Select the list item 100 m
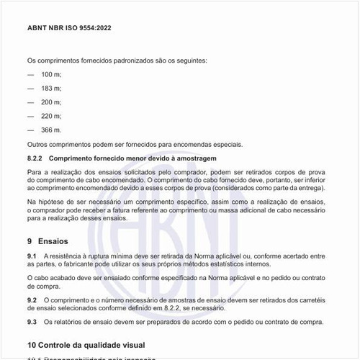(52, 75)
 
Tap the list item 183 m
(52, 89)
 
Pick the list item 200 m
(52, 102)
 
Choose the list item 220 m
(52, 116)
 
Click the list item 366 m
(51, 130)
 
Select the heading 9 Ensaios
(50, 241)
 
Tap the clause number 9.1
(32, 256)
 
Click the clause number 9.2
(32, 298)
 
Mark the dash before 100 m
(30, 75)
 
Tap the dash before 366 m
(30, 130)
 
